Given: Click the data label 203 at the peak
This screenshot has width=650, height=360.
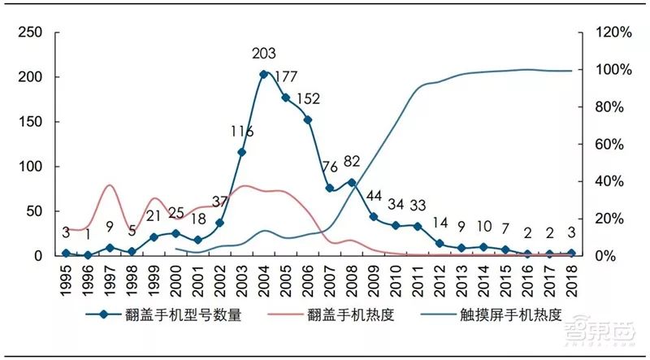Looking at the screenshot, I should pos(263,54).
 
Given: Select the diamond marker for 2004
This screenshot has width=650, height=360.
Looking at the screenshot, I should pos(263,75).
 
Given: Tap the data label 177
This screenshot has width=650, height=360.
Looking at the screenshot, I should pos(287,77).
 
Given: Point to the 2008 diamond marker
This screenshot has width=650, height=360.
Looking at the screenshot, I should pos(352,183).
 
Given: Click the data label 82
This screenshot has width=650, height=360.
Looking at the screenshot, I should pos(352,161).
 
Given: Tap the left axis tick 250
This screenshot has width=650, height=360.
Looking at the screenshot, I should pos(29,33).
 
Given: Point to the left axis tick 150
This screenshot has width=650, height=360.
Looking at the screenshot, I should pos(29,122).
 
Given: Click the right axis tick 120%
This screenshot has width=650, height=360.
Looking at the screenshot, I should pos(613,33).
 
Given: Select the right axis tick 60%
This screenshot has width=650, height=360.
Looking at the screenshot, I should pos(613,145).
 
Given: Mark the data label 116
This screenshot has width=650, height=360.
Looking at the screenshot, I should pos(241,132).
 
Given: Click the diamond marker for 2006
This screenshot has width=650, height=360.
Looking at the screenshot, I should pos(308,120).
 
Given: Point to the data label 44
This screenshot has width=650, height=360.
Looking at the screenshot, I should pos(375,196).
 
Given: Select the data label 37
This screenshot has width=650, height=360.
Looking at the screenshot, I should pos(219,202).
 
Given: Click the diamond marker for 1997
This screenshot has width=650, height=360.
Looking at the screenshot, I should pos(110,248).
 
